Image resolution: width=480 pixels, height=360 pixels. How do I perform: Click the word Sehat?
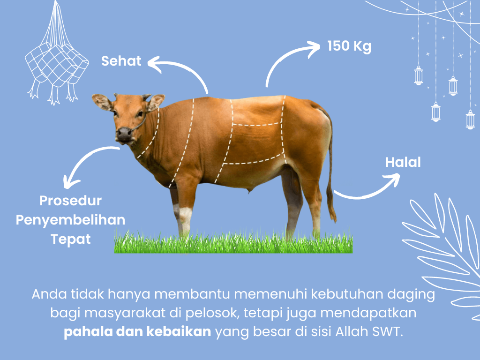(121, 60)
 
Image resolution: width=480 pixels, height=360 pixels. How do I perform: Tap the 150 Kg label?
(349, 46)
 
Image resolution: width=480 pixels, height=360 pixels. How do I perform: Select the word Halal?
(403, 162)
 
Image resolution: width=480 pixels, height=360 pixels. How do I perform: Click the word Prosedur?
(70, 201)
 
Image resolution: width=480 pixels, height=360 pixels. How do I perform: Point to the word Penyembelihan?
(70, 220)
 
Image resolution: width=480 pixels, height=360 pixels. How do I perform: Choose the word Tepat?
(70, 239)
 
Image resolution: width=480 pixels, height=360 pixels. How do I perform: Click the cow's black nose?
(124, 134)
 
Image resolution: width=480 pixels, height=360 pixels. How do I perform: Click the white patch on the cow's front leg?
(185, 218)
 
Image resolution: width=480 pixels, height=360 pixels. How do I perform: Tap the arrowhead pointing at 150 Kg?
(313, 49)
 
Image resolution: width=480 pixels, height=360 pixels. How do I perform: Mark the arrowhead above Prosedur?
(70, 182)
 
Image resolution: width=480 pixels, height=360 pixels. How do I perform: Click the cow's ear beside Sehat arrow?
(156, 102)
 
